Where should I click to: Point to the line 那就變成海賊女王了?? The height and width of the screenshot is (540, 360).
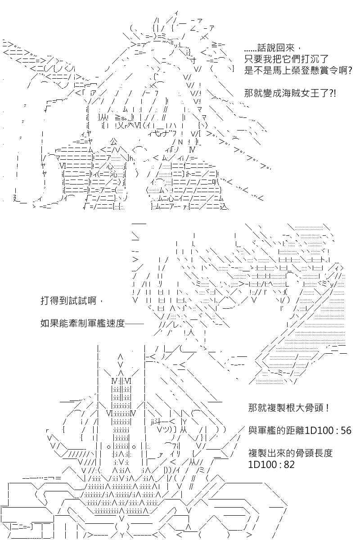point(290,93)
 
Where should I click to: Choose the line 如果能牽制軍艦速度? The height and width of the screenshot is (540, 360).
point(82,323)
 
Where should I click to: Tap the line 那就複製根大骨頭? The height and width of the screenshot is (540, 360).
point(288,408)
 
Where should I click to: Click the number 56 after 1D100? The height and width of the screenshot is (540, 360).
point(346,431)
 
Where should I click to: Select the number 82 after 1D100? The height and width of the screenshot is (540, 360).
point(289,464)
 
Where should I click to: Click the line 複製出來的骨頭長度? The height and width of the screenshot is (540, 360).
point(290,453)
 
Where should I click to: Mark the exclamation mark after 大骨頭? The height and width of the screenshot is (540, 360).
point(327,408)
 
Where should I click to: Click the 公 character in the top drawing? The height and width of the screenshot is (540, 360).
point(114,141)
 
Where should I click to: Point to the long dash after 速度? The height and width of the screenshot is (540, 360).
point(134,324)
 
